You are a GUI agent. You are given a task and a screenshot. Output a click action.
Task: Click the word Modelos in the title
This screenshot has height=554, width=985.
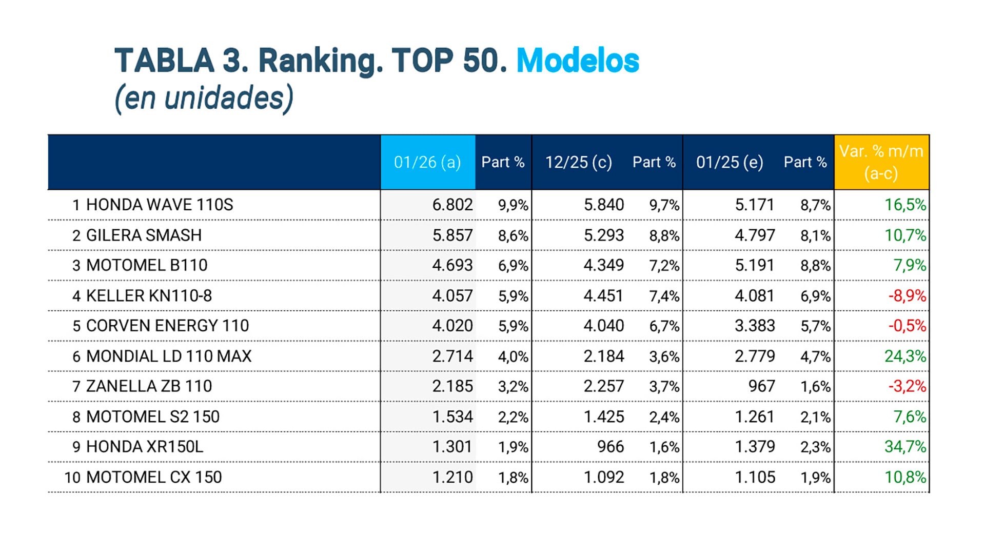click(577, 61)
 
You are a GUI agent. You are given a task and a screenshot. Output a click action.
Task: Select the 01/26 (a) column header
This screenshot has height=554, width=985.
click(427, 162)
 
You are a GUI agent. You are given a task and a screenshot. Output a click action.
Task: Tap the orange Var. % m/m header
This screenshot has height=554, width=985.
click(881, 162)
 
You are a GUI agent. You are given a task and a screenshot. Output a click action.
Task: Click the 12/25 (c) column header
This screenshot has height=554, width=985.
click(578, 162)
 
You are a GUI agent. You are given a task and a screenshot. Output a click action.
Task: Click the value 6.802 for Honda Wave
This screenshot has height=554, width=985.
click(452, 205)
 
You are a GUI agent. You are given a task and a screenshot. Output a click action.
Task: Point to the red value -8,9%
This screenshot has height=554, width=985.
click(907, 295)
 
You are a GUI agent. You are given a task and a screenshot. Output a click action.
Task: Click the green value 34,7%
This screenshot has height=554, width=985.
click(905, 446)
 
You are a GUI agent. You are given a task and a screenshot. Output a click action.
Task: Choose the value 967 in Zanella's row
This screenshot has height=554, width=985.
click(761, 386)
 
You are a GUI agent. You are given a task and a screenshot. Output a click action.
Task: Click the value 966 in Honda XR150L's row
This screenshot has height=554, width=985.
click(610, 446)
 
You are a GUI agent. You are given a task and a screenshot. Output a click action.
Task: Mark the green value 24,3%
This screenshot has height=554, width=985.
click(905, 356)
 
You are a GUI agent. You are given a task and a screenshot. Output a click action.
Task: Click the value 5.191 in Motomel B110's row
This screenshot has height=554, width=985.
click(754, 265)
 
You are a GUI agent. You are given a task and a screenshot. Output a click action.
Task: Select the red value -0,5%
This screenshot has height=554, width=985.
click(907, 326)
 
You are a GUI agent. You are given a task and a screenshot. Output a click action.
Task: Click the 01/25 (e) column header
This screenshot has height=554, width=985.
click(730, 162)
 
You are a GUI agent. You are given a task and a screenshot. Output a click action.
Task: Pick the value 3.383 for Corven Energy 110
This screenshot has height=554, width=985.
click(754, 326)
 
